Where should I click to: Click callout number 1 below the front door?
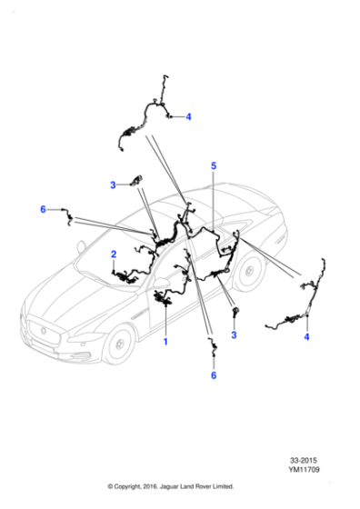pos(165,342)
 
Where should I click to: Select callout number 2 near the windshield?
pos(114,254)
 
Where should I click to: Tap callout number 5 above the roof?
pos(214,165)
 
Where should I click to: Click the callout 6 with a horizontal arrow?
pos(43,209)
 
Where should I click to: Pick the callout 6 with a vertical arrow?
pos(214,375)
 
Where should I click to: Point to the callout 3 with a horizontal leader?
pos(113,185)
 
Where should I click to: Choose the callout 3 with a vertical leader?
pos(234,335)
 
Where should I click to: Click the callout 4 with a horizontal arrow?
pos(188,117)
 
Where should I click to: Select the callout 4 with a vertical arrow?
pos(306,337)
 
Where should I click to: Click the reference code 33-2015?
pos(304,460)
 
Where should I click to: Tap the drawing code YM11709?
pos(304,469)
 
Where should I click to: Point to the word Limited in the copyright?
pos(223,486)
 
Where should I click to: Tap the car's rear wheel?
pos(249,272)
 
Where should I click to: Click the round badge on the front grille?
pos(43,331)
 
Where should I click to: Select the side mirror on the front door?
pos(160,282)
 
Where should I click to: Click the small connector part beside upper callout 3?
pos(136,180)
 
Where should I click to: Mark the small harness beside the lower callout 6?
pos(213,346)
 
